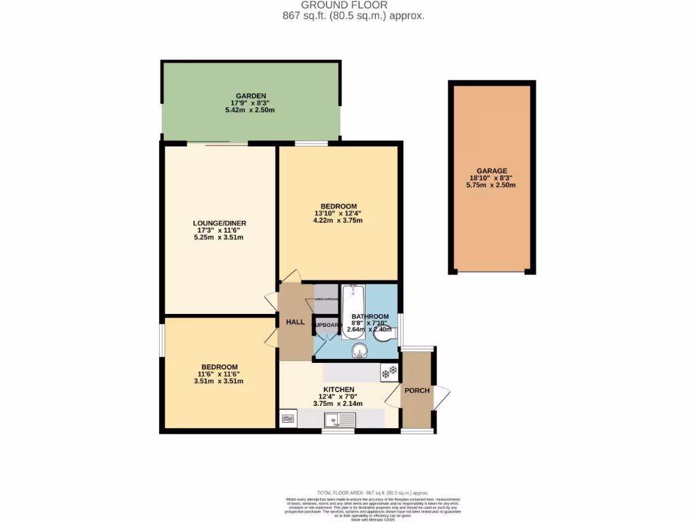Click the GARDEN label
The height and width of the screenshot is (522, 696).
(x=251, y=96)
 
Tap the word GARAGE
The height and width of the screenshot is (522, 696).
(x=492, y=171)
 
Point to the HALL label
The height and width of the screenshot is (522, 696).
(x=295, y=321)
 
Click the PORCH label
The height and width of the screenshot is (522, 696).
(x=417, y=390)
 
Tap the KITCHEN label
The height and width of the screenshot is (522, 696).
(x=338, y=389)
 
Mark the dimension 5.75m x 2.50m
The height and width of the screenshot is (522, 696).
(x=492, y=185)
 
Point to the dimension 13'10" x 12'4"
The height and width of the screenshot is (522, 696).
(x=338, y=213)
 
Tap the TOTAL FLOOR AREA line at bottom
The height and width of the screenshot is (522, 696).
(x=372, y=492)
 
